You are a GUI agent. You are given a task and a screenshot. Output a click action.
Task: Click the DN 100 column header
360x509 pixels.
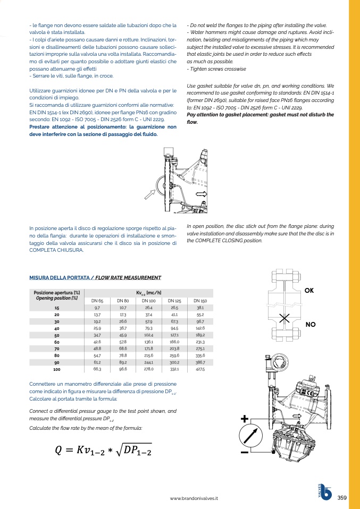149,301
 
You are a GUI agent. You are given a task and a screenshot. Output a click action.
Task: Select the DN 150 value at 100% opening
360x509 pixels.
200,369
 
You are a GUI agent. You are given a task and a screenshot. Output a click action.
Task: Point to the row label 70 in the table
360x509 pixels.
57,349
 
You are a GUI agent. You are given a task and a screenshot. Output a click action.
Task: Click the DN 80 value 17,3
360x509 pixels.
123,315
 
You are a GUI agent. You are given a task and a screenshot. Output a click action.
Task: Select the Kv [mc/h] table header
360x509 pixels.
149,293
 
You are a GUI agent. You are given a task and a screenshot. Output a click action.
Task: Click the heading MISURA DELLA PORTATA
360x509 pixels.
60,277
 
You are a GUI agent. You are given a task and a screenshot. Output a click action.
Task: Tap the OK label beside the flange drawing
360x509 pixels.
309,291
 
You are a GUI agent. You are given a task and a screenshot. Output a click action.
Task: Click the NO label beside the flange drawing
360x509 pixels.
311,324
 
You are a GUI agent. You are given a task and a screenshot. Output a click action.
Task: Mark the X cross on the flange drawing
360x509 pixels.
284,318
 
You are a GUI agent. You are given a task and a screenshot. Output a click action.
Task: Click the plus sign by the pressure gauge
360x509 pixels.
244,419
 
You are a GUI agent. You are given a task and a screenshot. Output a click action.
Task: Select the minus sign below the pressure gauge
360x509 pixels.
245,452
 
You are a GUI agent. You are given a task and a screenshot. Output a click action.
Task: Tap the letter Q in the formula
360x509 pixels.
59,451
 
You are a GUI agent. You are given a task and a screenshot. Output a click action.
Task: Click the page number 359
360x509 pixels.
342,498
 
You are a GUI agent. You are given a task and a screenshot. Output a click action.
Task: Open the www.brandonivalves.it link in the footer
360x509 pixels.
194,498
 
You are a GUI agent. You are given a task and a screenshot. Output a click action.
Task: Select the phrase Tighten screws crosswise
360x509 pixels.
216,69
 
